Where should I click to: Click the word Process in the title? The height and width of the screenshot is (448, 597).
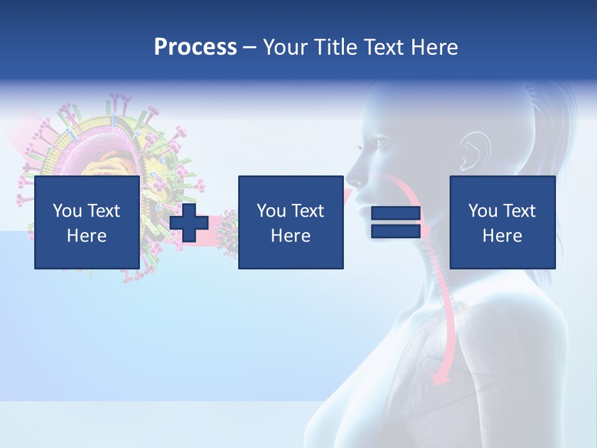[195, 47]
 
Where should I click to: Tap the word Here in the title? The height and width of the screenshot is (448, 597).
[434, 47]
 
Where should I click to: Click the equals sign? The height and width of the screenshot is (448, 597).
[396, 222]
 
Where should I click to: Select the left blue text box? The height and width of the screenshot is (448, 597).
[87, 222]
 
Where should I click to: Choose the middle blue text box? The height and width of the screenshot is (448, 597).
[291, 222]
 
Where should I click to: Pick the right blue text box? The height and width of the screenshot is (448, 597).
[502, 222]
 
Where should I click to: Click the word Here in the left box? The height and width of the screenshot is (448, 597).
[87, 236]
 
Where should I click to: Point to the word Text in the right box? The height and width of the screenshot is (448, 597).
[520, 211]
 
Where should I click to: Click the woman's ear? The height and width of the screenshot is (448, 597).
[470, 151]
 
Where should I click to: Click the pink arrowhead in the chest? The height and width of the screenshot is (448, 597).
[441, 376]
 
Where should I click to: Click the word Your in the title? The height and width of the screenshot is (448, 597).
[285, 47]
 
